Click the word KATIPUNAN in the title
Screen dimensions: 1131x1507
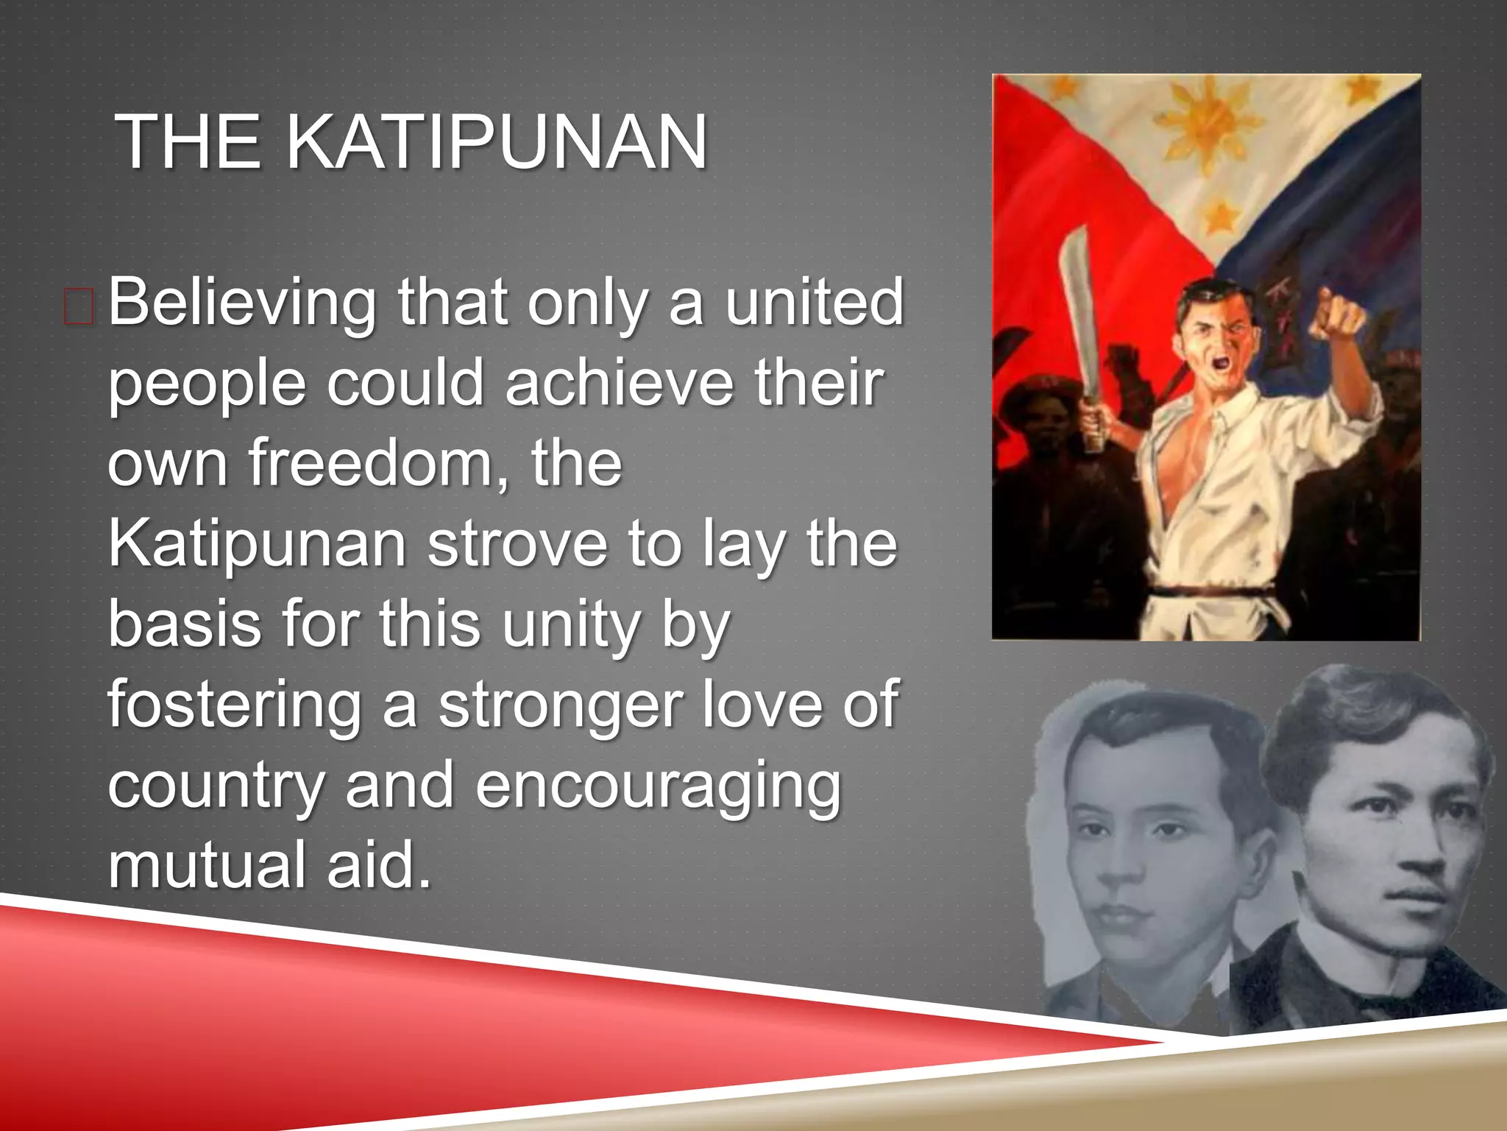(x=496, y=141)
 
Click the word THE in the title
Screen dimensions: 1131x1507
(x=188, y=141)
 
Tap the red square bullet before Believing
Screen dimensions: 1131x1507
(x=79, y=307)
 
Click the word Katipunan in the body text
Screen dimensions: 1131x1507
(x=257, y=544)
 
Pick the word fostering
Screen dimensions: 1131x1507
(x=235, y=705)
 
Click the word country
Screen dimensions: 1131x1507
(x=216, y=786)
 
